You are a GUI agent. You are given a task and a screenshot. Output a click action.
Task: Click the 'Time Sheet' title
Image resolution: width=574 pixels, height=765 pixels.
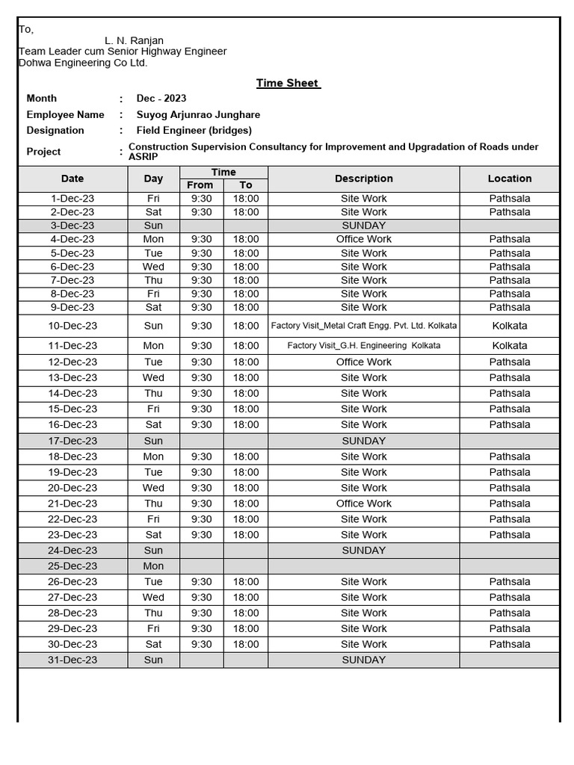pos(288,83)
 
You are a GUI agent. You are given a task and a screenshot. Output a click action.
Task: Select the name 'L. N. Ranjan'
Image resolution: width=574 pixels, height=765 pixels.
pos(134,40)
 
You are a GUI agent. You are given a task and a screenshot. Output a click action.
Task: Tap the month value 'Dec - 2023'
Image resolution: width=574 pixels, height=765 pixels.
pos(161,99)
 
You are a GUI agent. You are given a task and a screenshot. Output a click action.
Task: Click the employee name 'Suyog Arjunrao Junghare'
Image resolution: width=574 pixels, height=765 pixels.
pos(198,115)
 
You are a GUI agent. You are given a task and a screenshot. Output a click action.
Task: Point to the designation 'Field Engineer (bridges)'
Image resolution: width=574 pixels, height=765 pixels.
pos(194,131)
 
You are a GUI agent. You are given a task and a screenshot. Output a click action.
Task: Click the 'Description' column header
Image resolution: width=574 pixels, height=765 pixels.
pos(363,179)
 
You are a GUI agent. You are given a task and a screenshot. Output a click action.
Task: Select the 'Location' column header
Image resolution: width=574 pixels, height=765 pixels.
pos(509,179)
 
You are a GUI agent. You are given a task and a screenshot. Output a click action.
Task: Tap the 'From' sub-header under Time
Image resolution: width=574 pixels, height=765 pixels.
pos(200,185)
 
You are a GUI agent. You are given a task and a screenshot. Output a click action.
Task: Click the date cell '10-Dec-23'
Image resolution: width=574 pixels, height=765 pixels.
pos(72,326)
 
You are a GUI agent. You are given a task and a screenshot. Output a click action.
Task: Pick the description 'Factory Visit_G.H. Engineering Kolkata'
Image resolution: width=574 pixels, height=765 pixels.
pos(363,346)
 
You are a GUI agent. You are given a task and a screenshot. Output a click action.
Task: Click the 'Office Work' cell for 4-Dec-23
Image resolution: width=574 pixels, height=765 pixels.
pos(363,240)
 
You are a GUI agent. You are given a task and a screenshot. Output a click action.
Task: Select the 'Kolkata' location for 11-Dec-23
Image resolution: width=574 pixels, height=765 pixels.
pos(509,346)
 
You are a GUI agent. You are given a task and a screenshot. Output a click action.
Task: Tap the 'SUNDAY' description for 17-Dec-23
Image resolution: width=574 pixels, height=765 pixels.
pos(363,442)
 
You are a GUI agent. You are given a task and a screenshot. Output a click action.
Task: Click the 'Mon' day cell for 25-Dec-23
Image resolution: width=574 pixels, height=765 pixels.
pos(153,566)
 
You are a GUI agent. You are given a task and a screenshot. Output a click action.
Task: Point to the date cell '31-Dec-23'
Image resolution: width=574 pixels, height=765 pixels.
pos(72,660)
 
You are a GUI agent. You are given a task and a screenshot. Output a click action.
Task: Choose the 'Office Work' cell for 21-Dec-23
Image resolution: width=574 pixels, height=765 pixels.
pos(363,504)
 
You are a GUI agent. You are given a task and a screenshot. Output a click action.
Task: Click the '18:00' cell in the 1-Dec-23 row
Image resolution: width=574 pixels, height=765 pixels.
pos(246,199)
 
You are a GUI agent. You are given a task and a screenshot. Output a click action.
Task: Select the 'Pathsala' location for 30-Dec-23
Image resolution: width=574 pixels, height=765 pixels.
pos(509,645)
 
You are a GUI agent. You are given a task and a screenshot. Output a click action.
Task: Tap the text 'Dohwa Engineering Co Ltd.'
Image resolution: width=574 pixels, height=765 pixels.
pos(83,63)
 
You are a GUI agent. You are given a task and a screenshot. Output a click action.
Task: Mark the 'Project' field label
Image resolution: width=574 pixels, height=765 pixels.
pos(43,152)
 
